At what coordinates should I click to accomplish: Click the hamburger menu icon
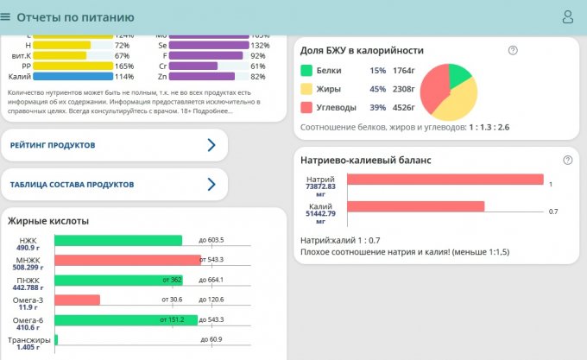pos(6,16)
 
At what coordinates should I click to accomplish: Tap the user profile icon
pos(568,16)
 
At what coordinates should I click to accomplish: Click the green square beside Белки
pos(306,70)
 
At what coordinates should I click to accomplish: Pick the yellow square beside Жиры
pos(306,88)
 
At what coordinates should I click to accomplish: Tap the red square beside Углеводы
pos(306,107)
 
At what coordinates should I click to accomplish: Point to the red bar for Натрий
pos(445,180)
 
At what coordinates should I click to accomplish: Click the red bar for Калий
pos(415,207)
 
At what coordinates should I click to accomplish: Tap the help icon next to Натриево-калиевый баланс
pos(567,161)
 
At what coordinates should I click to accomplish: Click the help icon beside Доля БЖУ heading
pos(513,50)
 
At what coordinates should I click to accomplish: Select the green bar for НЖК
pos(118,240)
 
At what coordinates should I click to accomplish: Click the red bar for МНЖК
pos(127,260)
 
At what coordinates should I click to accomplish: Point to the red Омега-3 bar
pos(77,300)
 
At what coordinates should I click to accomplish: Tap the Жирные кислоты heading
pos(48,221)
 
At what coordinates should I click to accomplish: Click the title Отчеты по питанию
pos(75,17)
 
